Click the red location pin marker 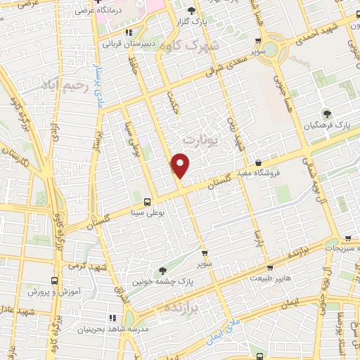[181, 165]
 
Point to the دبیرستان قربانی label [127, 43]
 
